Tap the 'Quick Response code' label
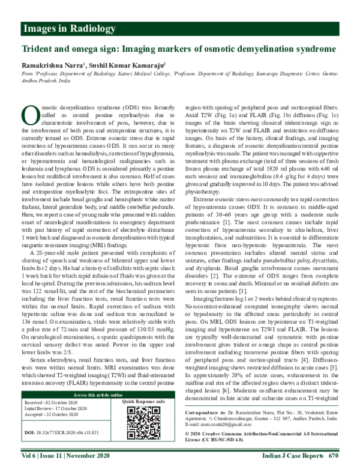pyautogui.click(x=145, y=400)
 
